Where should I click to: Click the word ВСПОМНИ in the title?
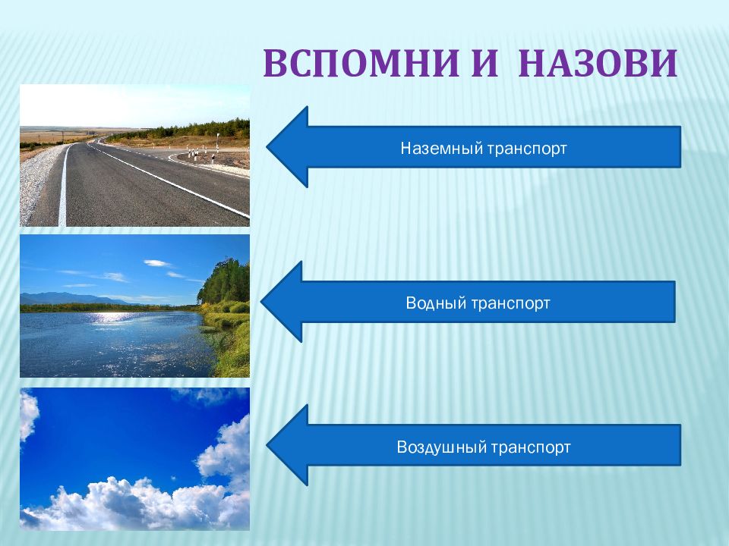[361, 64]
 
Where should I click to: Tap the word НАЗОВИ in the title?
[598, 64]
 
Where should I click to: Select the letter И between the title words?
[485, 64]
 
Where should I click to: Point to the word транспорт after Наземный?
[527, 149]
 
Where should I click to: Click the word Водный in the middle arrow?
[436, 303]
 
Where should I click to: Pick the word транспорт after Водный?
[510, 304]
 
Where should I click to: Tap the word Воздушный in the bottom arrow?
[440, 447]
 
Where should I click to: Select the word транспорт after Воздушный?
[531, 448]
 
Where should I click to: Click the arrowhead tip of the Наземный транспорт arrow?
[267, 146]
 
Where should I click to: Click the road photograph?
[135, 155]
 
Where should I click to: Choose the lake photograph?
[135, 306]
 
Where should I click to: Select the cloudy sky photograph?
[135, 460]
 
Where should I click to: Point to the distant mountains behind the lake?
[70, 298]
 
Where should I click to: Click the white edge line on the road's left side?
[63, 186]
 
